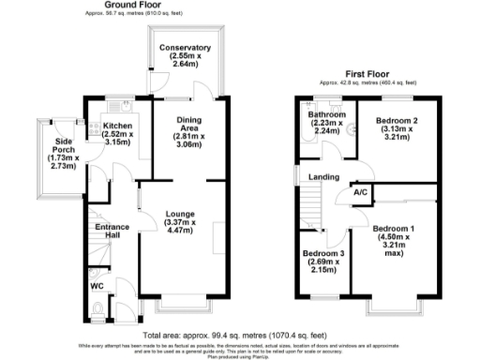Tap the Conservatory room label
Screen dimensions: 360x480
[x=185, y=47]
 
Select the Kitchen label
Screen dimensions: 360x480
[x=118, y=126]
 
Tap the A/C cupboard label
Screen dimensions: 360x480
[x=360, y=193]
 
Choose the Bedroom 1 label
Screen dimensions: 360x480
[x=392, y=229]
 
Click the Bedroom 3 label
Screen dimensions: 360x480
[x=322, y=254]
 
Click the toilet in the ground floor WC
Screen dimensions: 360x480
[x=99, y=307]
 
